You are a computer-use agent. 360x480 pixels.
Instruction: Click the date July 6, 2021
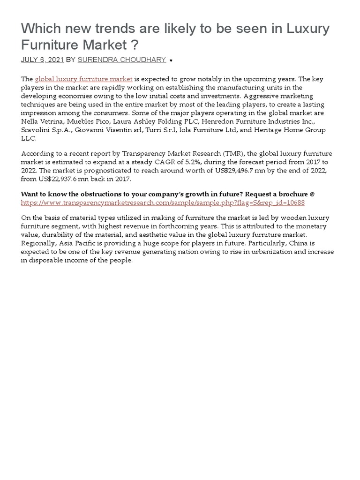point(41,60)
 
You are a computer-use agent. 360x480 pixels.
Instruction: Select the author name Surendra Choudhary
point(121,60)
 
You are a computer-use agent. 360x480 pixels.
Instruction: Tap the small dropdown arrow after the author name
point(171,60)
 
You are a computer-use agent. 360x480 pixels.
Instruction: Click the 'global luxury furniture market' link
point(84,79)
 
